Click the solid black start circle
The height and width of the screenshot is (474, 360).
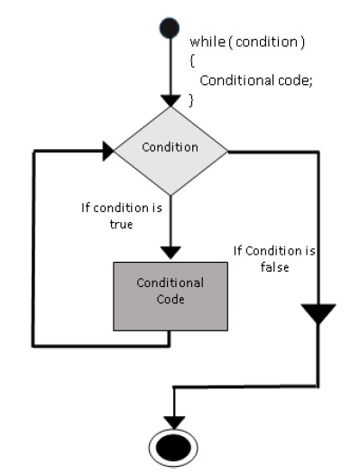(x=170, y=25)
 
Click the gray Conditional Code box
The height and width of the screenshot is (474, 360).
(x=170, y=295)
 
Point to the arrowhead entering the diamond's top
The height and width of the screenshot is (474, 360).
(x=170, y=98)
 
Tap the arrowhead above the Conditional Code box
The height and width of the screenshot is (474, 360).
(x=170, y=251)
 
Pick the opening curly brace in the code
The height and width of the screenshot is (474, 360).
(x=192, y=61)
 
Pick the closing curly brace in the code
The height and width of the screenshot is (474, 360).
(x=192, y=98)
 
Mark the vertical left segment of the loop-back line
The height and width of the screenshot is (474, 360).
(x=34, y=248)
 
